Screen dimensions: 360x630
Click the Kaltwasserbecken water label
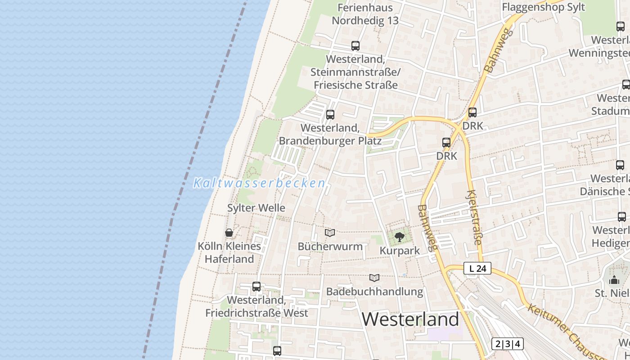pyautogui.click(x=259, y=183)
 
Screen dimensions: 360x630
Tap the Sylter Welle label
pyautogui.click(x=256, y=208)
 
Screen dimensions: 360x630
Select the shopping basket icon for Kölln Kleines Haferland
pyautogui.click(x=229, y=233)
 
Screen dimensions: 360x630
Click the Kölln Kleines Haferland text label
pyautogui.click(x=229, y=252)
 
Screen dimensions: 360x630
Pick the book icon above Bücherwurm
pyautogui.click(x=330, y=233)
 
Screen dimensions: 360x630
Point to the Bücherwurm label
pyautogui.click(x=330, y=247)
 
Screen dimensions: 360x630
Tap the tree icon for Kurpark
pyautogui.click(x=399, y=237)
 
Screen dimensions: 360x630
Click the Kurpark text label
pyautogui.click(x=400, y=251)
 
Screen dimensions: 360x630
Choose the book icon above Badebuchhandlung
pyautogui.click(x=374, y=278)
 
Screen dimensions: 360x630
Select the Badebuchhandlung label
pyautogui.click(x=374, y=292)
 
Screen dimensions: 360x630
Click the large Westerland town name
pyautogui.click(x=410, y=319)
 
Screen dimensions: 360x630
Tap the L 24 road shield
pyautogui.click(x=477, y=269)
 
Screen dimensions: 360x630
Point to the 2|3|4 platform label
pyautogui.click(x=508, y=344)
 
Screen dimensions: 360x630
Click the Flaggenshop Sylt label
pyautogui.click(x=543, y=7)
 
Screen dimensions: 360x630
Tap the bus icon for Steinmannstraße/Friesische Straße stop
pyautogui.click(x=355, y=45)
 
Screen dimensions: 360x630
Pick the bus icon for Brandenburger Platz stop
pyautogui.click(x=330, y=114)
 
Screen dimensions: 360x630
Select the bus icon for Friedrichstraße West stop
pyautogui.click(x=256, y=286)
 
